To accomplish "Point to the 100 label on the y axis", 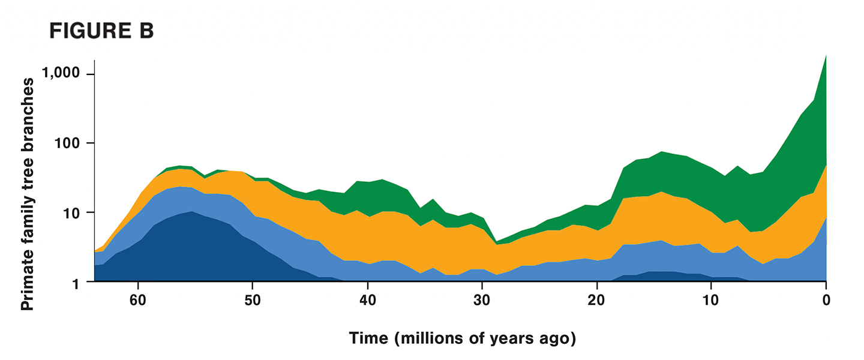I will [68, 143].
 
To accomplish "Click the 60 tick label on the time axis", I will [139, 299].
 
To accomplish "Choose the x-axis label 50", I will [253, 299].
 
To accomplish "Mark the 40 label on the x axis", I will [368, 299].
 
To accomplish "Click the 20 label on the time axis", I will [596, 299].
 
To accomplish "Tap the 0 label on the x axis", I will [826, 299].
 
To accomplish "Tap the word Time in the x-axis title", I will [369, 339].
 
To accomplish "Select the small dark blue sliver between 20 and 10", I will [660, 276].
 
